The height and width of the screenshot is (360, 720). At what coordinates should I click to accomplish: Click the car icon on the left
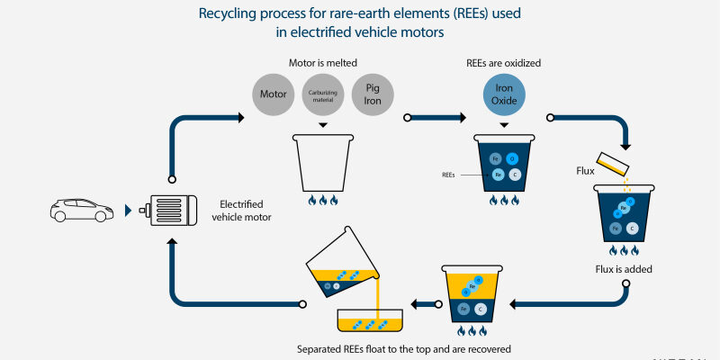[x=81, y=211]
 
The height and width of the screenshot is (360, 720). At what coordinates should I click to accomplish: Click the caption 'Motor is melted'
[x=322, y=63]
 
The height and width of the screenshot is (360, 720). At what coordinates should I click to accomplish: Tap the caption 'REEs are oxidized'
[x=503, y=63]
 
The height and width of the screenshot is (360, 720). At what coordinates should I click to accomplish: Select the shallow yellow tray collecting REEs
[x=370, y=323]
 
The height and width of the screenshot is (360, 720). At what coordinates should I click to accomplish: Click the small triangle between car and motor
[x=129, y=211]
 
